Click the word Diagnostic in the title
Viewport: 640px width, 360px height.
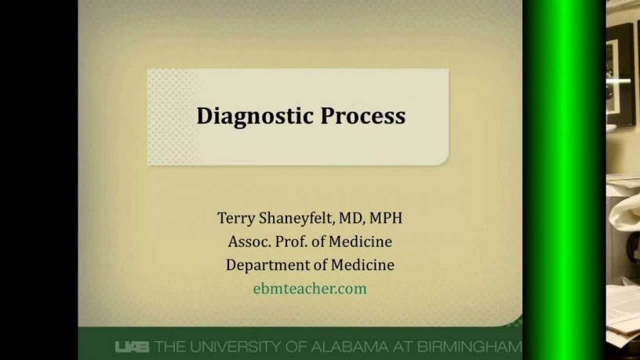255,116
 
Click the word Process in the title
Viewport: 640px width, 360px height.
363,116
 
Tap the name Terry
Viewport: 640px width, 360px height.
236,218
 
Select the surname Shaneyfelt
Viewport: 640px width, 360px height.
297,218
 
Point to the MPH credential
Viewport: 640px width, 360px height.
386,218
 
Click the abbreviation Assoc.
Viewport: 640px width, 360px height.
249,242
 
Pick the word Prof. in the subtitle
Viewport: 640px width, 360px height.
292,242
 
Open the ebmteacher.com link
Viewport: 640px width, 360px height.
310,289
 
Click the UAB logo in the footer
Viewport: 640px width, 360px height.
132,347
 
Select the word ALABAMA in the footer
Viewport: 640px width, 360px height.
349,347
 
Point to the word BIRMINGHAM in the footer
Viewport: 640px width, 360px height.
469,347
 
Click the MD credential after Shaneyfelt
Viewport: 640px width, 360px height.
351,218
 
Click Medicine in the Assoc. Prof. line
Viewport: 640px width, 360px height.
360,242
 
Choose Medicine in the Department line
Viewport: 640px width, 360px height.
362,265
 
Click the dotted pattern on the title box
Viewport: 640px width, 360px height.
169,117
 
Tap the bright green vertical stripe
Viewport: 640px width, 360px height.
563,180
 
